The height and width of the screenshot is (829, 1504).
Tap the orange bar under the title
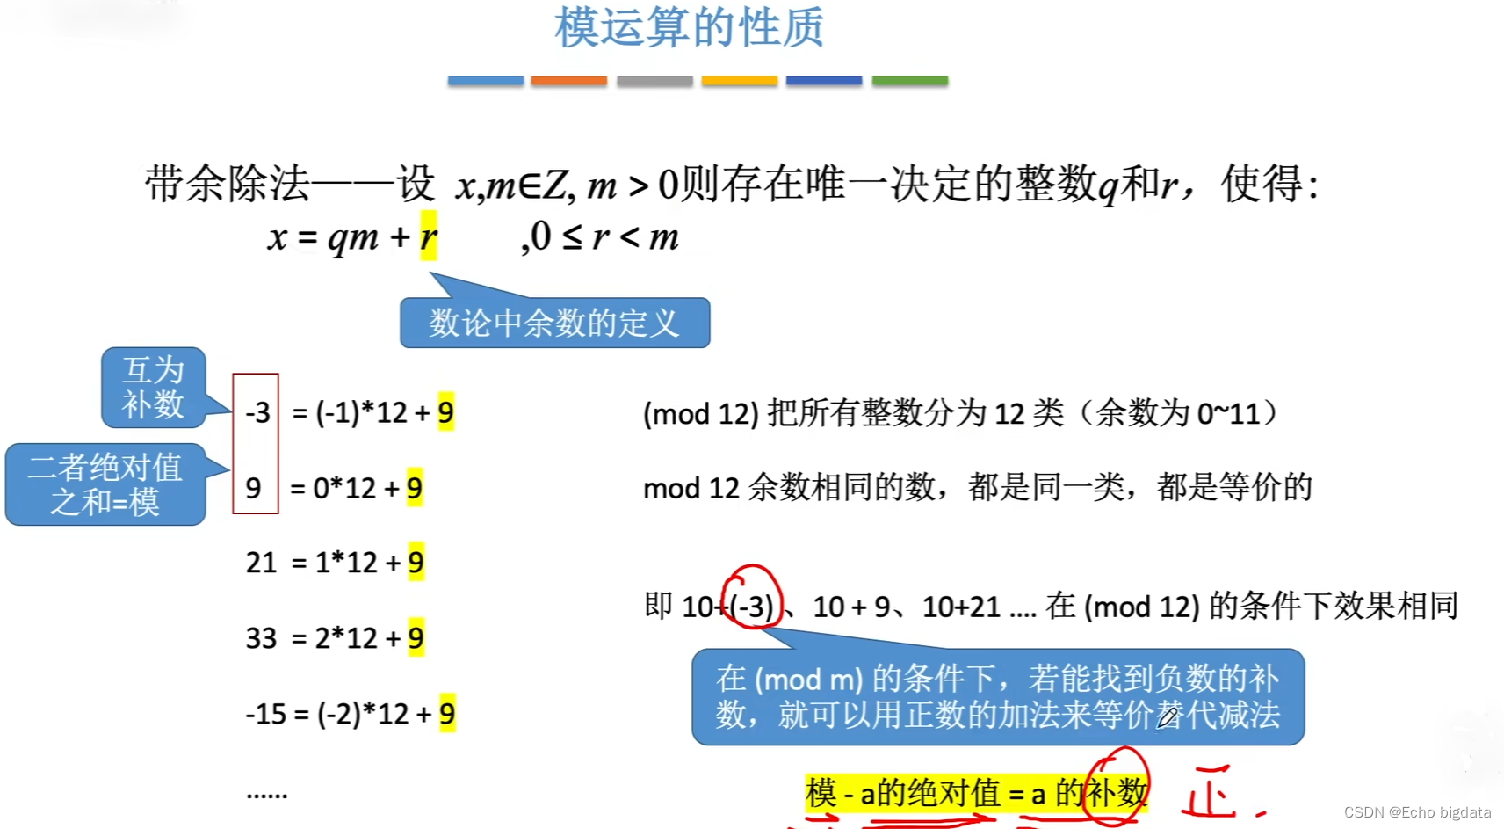pos(568,81)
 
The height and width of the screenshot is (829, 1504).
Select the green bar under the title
pos(909,81)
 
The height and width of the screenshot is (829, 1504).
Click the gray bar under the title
pos(654,81)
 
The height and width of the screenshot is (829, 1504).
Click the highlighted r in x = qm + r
pos(428,236)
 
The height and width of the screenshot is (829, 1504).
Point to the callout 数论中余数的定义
pos(554,323)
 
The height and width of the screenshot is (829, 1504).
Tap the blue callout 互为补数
pos(153,387)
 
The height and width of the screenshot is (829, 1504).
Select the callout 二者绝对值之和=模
pos(105,484)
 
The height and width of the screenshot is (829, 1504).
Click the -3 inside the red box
pos(257,412)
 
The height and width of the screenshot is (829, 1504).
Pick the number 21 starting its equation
pos(261,563)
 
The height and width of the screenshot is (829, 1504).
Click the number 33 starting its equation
pos(261,638)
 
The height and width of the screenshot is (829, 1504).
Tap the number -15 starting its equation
pos(266,714)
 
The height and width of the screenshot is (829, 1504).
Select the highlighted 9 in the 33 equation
pos(416,638)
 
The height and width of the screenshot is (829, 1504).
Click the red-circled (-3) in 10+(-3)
pos(753,606)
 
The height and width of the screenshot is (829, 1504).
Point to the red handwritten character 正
pos(1211,796)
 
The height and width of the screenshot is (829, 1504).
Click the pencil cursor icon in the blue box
pos(1167,717)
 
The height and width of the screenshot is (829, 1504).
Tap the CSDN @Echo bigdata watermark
pos(1417,812)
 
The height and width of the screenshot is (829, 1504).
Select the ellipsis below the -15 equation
pos(266,795)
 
